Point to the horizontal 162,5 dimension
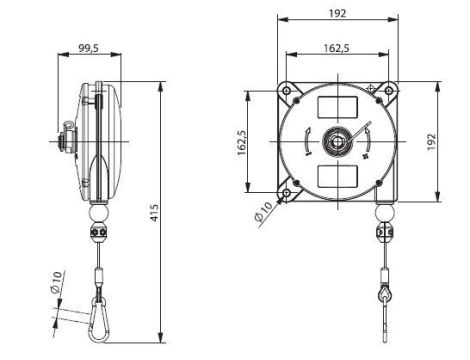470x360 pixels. pos(335,46)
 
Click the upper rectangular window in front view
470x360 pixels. pos(335,106)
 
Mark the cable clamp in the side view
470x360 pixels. pos(99,235)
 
